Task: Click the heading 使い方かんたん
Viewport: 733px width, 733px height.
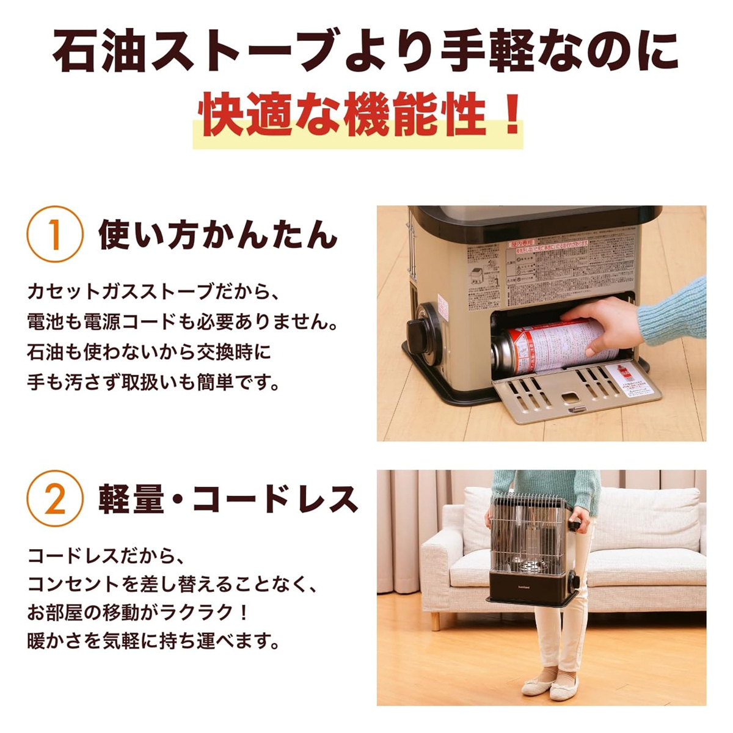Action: click(x=218, y=234)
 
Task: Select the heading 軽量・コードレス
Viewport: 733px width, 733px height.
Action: click(x=228, y=498)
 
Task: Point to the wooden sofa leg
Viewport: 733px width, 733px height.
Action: click(x=435, y=621)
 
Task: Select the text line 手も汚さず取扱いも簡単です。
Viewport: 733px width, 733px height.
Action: click(x=154, y=383)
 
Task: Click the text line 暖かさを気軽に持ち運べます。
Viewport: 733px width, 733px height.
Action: click(x=154, y=641)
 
